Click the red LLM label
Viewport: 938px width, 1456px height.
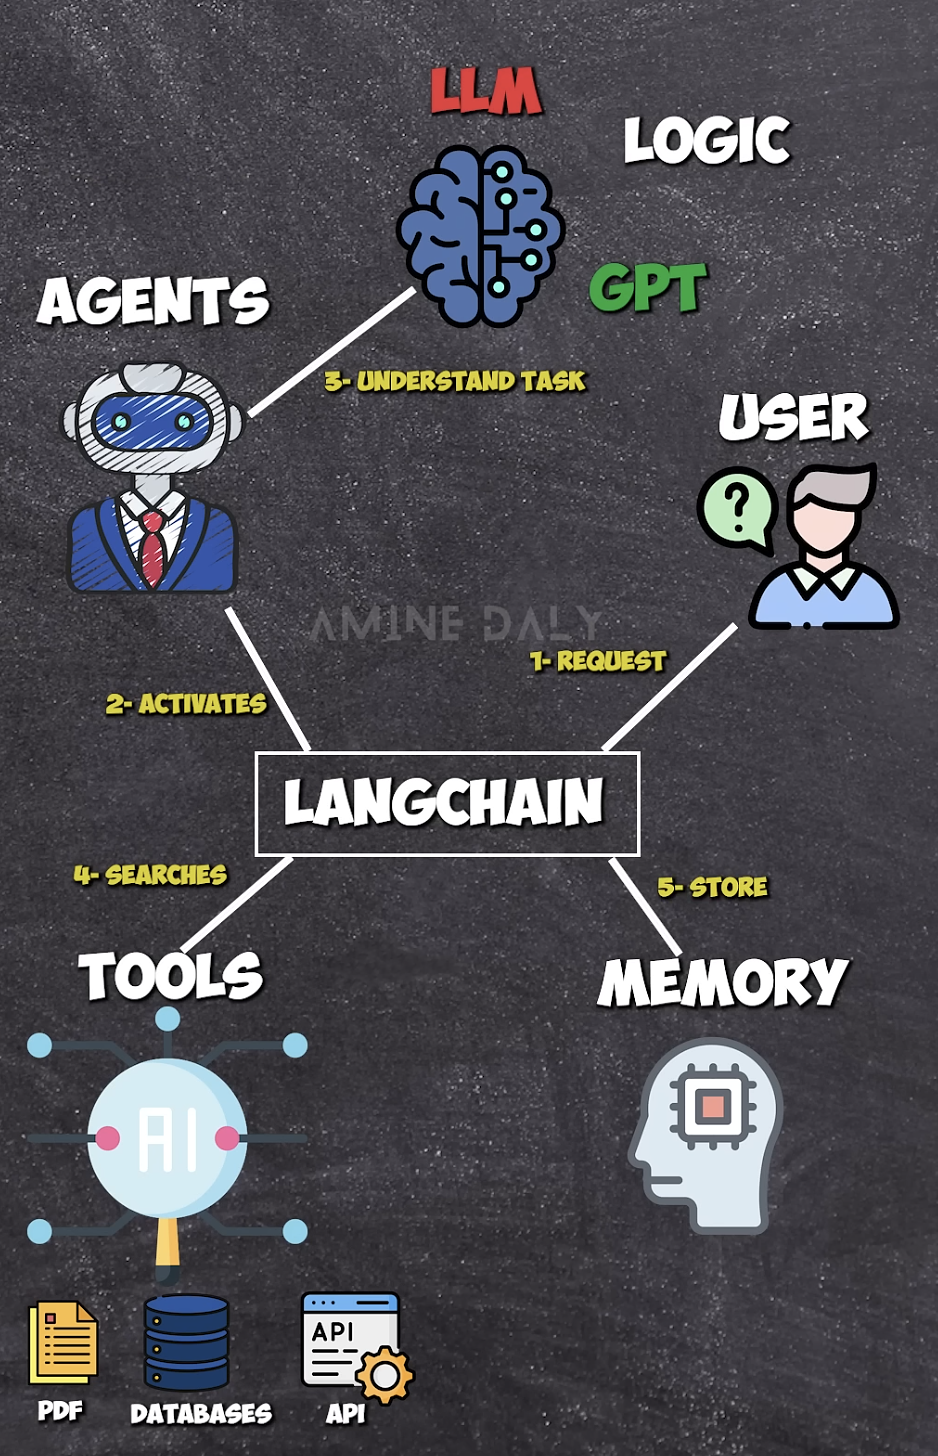(486, 91)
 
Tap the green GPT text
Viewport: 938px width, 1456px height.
(648, 288)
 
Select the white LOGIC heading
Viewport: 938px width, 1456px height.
(707, 140)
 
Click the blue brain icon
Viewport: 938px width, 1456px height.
(480, 236)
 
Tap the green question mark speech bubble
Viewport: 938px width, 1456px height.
(738, 508)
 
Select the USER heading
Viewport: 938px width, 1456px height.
(794, 417)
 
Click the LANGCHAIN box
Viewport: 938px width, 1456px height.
(446, 803)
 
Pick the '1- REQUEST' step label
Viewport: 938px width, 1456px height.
(598, 661)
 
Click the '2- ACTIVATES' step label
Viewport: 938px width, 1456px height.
(186, 704)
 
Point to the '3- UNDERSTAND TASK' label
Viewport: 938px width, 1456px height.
(455, 381)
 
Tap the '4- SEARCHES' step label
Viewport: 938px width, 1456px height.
(150, 875)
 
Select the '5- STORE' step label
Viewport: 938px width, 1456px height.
(713, 887)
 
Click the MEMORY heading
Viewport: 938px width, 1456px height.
(723, 982)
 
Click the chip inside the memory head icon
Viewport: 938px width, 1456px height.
(712, 1107)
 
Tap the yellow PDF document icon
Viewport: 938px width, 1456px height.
(63, 1342)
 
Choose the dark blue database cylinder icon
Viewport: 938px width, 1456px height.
(187, 1342)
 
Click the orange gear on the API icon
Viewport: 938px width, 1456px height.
(384, 1375)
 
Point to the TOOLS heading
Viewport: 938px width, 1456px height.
(171, 976)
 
